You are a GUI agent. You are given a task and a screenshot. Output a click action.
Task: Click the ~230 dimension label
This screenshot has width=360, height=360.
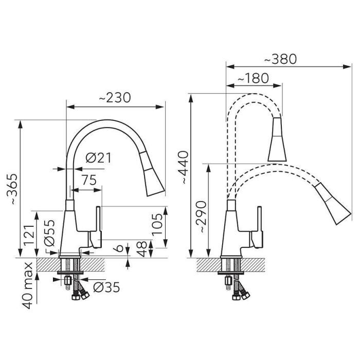click(115, 98)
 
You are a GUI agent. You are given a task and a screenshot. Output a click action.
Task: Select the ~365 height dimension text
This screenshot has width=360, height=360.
click(12, 189)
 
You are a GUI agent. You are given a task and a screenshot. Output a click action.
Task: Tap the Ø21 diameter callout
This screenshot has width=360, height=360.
click(99, 158)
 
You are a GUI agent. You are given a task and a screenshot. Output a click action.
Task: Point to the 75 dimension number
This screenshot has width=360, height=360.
click(89, 180)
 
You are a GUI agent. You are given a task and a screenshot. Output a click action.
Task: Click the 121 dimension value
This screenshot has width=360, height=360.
click(29, 236)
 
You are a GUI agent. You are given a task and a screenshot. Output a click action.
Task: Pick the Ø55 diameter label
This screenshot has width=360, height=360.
click(49, 233)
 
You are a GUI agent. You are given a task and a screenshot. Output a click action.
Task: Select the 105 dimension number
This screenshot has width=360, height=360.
click(157, 224)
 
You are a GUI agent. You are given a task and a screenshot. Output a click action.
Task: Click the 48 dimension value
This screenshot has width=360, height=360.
click(142, 249)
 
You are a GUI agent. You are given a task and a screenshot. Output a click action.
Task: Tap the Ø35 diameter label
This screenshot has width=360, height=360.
click(106, 287)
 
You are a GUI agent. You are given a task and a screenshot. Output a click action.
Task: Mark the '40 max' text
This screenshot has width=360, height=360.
click(28, 285)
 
